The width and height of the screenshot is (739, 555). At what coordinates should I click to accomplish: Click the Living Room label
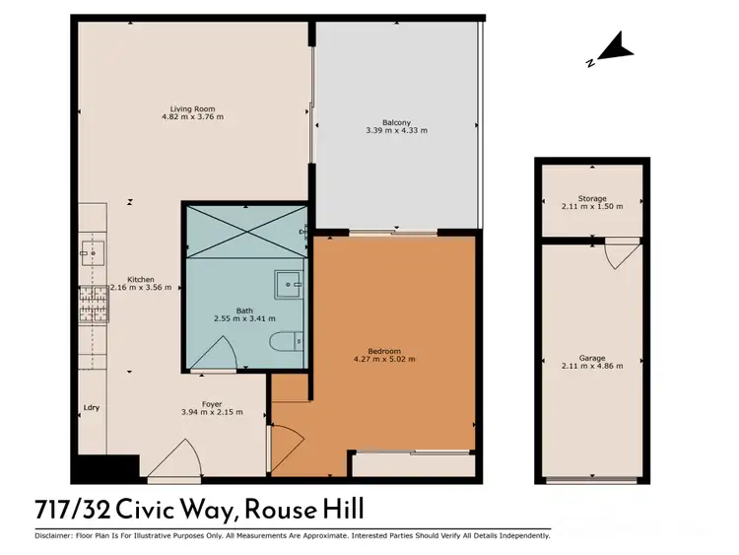pyautogui.click(x=192, y=108)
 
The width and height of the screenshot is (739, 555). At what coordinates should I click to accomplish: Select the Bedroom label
pyautogui.click(x=384, y=351)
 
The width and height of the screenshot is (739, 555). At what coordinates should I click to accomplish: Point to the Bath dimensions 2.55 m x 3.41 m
pyautogui.click(x=244, y=318)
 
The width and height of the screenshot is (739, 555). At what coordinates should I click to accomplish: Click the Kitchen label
pyautogui.click(x=140, y=279)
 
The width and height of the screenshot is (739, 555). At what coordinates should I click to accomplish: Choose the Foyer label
pyautogui.click(x=211, y=403)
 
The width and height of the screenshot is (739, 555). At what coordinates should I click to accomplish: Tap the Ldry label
pyautogui.click(x=92, y=407)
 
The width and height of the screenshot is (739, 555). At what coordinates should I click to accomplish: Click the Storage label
pyautogui.click(x=592, y=198)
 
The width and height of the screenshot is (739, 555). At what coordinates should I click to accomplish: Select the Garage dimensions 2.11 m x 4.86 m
pyautogui.click(x=592, y=367)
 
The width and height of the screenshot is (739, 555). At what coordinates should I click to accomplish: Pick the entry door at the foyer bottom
pyautogui.click(x=172, y=461)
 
